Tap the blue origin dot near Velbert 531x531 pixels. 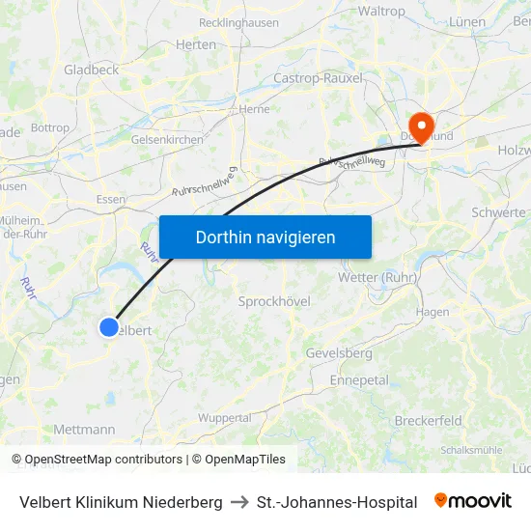(109, 327)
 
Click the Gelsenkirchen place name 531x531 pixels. (167, 139)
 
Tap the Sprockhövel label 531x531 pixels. (274, 301)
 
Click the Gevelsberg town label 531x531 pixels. (338, 353)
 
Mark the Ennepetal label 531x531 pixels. (359, 380)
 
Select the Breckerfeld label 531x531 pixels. (428, 420)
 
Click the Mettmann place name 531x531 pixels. (84, 430)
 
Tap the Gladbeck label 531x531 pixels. (91, 70)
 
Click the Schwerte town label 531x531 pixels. (498, 212)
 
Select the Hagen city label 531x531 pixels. (433, 312)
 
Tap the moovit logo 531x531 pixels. (473, 501)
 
